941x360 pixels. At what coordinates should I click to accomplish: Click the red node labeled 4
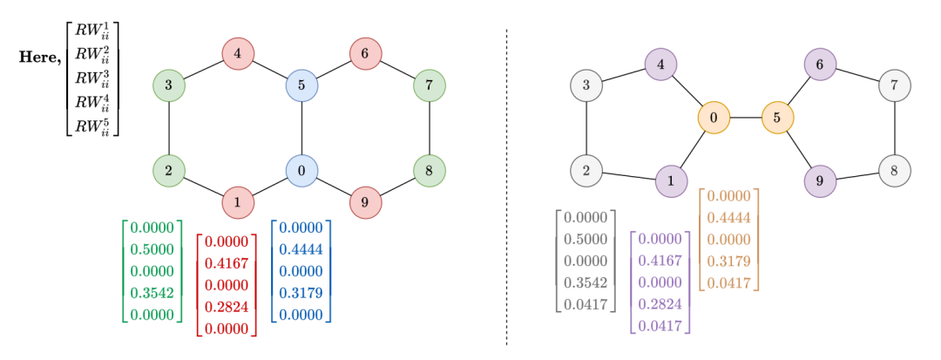pyautogui.click(x=238, y=54)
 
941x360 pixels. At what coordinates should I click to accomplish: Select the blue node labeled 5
pyautogui.click(x=301, y=85)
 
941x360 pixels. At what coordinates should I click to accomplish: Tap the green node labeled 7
pyautogui.click(x=430, y=85)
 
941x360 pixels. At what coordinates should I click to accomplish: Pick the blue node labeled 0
pyautogui.click(x=301, y=171)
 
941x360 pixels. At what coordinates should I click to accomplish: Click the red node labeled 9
pyautogui.click(x=366, y=202)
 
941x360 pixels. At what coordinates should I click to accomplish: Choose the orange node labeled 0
pyautogui.click(x=714, y=117)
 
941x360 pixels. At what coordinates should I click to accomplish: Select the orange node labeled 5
pyautogui.click(x=777, y=117)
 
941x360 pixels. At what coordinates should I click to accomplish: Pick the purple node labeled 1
pyautogui.click(x=671, y=181)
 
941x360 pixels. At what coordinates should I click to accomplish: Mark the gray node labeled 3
pyautogui.click(x=586, y=85)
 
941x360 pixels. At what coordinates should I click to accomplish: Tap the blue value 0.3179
pyautogui.click(x=301, y=294)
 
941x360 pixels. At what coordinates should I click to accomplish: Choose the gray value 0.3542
pyautogui.click(x=586, y=284)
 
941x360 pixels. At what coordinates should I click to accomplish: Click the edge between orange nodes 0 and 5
pyautogui.click(x=745, y=117)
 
